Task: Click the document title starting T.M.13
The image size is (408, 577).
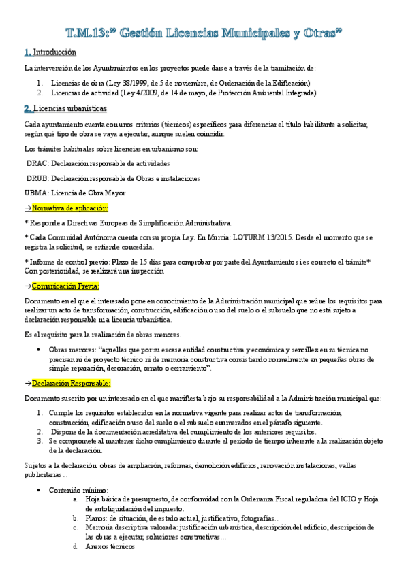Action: point(204,33)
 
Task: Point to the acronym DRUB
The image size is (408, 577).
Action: point(37,178)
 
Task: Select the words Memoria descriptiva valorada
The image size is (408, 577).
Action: point(131,527)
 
